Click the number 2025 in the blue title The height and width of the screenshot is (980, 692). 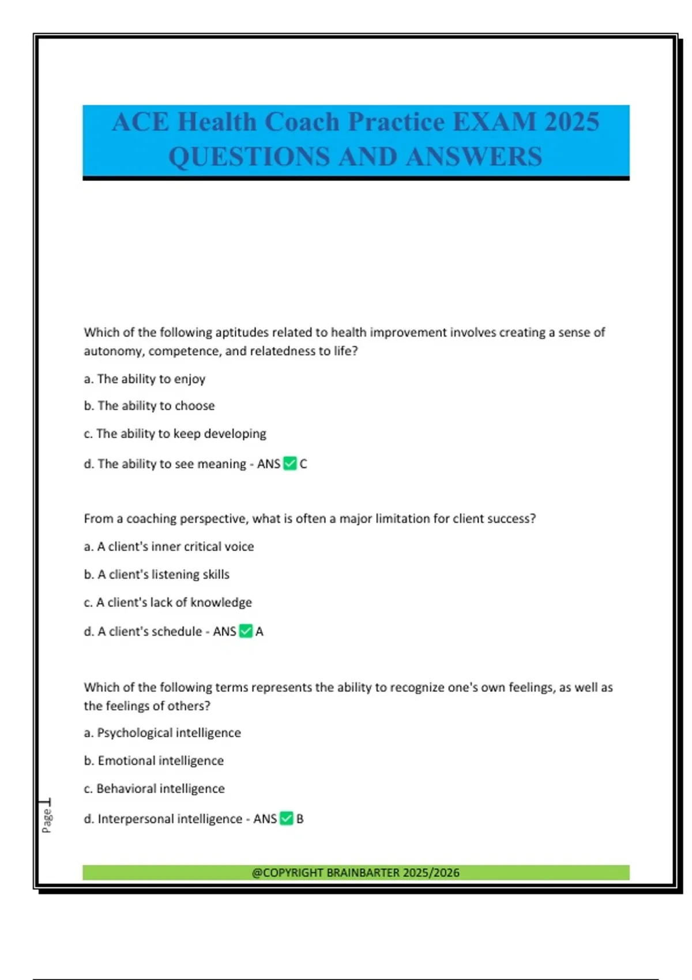click(x=571, y=122)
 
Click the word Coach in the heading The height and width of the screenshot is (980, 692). click(x=302, y=122)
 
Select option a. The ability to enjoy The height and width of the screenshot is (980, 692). click(x=145, y=379)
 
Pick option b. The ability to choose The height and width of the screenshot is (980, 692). click(x=149, y=406)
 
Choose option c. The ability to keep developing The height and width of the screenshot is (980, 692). click(x=175, y=434)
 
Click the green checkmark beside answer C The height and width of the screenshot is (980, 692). click(x=290, y=463)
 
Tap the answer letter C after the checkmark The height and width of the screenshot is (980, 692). click(x=303, y=464)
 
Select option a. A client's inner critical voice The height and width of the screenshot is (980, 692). click(x=169, y=546)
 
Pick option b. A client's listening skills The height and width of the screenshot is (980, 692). click(x=157, y=574)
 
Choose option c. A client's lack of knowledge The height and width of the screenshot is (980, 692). click(x=168, y=602)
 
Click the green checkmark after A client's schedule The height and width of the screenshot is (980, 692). click(x=246, y=631)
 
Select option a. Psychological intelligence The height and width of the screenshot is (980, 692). click(x=162, y=733)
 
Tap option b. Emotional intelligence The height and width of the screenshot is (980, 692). click(x=153, y=761)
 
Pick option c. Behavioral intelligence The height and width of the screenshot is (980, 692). click(x=154, y=789)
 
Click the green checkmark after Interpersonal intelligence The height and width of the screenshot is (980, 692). click(x=286, y=819)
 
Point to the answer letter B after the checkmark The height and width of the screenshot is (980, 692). click(x=300, y=819)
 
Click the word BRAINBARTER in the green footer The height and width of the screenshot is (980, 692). click(x=363, y=873)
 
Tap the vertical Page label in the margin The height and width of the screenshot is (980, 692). click(x=47, y=820)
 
